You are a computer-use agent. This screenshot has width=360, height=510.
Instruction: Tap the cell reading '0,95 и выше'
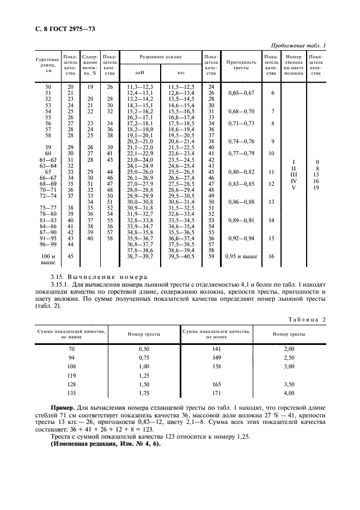pos(241,256)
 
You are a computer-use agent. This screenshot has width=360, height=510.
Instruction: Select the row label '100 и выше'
pos(50,259)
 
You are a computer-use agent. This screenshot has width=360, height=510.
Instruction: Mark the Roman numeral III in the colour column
pos(294,174)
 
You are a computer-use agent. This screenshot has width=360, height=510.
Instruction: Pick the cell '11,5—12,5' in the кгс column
pos(182,87)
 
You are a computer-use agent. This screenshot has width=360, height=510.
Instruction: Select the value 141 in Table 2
pos(216,348)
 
